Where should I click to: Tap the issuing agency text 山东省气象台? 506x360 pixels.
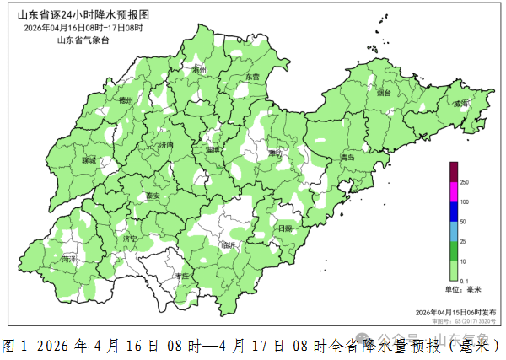pos(83,40)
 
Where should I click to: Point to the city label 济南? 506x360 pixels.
pos(165,145)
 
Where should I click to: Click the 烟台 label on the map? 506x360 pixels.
pos(385,94)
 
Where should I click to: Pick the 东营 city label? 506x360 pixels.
pos(252,77)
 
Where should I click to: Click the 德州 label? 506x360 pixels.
pos(127,100)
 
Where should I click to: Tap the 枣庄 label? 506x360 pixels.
pos(181,277)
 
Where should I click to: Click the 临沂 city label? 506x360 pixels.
pos(228,245)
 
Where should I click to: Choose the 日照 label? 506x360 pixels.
pos(285,228)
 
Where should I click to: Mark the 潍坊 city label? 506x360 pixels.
pos(276,153)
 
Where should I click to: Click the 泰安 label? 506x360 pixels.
pos(153,196)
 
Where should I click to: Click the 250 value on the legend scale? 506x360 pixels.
pos(464,182)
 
